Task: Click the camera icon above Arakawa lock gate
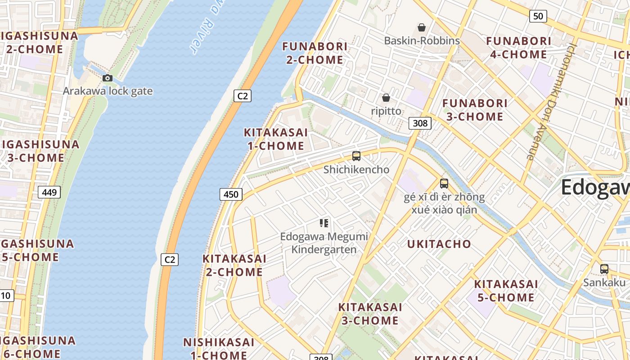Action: pyautogui.click(x=107, y=78)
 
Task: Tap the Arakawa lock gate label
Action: pyautogui.click(x=108, y=91)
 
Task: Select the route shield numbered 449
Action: pyautogui.click(x=49, y=193)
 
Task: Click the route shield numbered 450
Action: pyautogui.click(x=231, y=194)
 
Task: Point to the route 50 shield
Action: pyautogui.click(x=538, y=16)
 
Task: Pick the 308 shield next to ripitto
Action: pyautogui.click(x=420, y=123)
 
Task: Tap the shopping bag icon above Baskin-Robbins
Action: pyautogui.click(x=422, y=27)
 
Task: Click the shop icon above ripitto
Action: pyautogui.click(x=386, y=98)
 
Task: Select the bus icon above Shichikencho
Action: pyautogui.click(x=356, y=156)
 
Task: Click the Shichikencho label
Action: pyautogui.click(x=356, y=170)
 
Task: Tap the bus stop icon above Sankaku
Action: pyautogui.click(x=604, y=269)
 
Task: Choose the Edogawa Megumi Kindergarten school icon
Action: pyautogui.click(x=324, y=223)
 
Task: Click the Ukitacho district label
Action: pyautogui.click(x=439, y=244)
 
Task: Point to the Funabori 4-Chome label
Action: pyautogui.click(x=518, y=48)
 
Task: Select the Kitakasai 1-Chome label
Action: pyautogui.click(x=276, y=139)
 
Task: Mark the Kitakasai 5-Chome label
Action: pyautogui.click(x=506, y=291)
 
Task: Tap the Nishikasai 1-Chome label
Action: pyautogui.click(x=219, y=348)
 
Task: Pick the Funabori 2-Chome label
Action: pyautogui.click(x=315, y=53)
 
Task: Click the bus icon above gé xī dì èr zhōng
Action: pyautogui.click(x=444, y=184)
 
